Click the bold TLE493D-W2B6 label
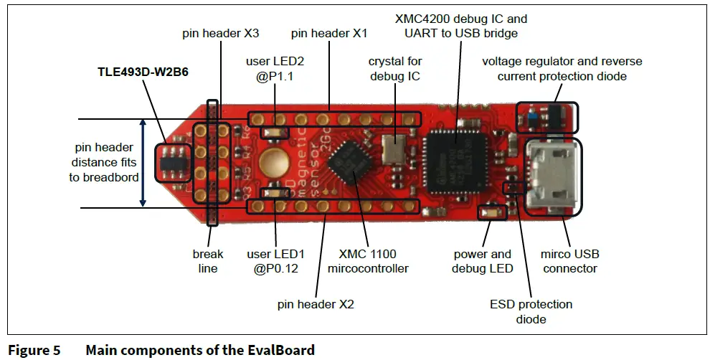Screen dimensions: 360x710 coord(143,72)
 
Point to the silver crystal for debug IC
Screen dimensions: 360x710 coord(394,148)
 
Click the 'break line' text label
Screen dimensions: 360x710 coord(208,261)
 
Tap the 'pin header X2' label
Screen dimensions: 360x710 coord(316,304)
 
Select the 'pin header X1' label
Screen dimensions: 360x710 coord(329,34)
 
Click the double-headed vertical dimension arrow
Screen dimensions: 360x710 coord(143,164)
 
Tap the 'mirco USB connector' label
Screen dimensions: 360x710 coord(571,261)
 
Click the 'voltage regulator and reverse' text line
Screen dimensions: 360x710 coord(562,61)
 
